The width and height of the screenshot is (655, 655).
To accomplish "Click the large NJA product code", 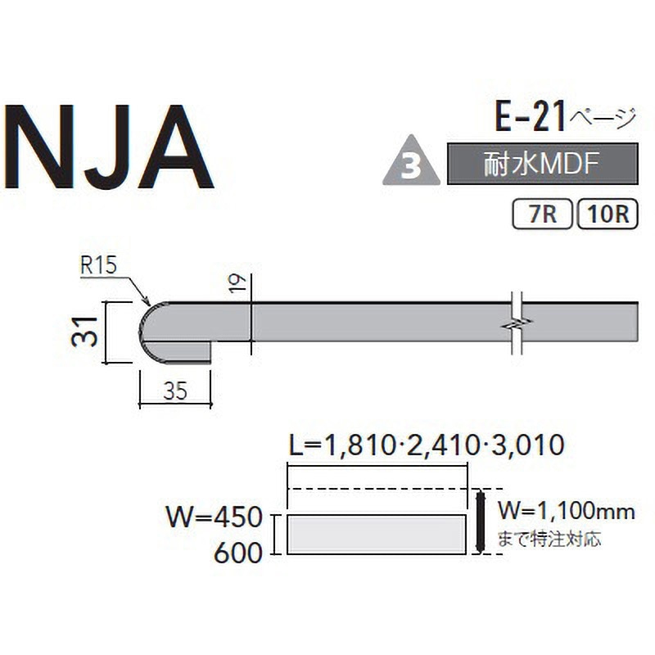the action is point(110,147).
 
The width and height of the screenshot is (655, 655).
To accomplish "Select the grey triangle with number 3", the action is point(412,160).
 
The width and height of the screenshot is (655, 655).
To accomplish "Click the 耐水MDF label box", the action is point(543,164).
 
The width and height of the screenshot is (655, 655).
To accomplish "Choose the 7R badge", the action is point(542,215).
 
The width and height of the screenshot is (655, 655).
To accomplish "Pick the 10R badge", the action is point(608,215).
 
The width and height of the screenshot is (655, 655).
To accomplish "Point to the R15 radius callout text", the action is point(98,264).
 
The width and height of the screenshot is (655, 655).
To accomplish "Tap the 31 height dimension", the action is point(85,332).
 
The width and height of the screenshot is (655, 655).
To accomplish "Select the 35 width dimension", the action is point(175,391).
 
